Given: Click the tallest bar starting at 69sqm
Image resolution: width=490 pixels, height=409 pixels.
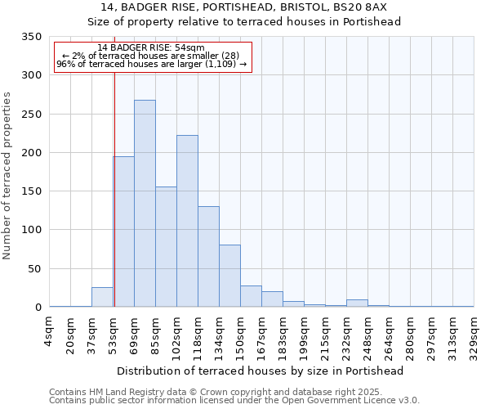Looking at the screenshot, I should (x=145, y=204).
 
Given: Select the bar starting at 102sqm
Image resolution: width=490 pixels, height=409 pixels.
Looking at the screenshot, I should (x=187, y=222).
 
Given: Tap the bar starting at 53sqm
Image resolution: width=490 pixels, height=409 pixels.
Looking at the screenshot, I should (x=124, y=232).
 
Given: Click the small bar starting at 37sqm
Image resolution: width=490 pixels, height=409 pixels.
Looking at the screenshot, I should (x=102, y=298).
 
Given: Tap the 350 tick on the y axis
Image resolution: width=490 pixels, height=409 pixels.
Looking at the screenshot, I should (x=31, y=37).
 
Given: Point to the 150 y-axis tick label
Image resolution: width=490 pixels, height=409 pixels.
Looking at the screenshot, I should (x=31, y=191).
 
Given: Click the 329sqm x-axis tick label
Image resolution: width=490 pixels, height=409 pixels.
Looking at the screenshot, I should (x=474, y=331).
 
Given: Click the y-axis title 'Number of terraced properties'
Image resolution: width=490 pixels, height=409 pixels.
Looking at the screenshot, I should (x=7, y=176).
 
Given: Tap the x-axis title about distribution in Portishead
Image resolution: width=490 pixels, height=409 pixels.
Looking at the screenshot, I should (x=261, y=371).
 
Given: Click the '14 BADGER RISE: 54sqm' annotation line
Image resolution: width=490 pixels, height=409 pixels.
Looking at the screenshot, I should (x=151, y=48).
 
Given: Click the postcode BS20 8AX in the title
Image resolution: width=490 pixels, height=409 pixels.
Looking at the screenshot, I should (x=359, y=7).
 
